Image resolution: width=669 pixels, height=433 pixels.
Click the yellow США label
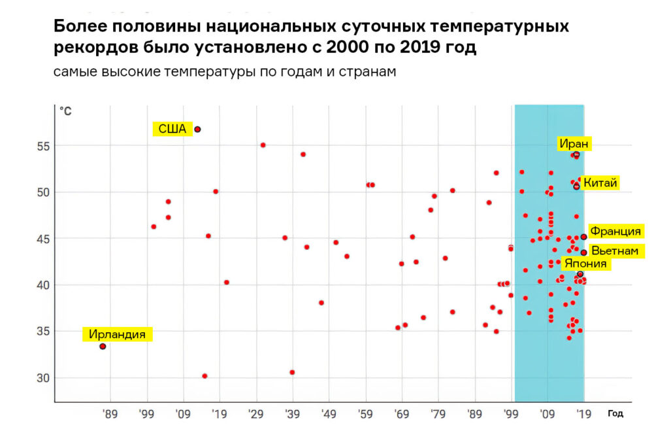click(172, 128)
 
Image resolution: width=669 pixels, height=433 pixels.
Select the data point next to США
click(197, 130)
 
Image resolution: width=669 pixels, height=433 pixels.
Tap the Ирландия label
click(117, 334)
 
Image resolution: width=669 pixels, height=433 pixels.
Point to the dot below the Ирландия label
click(103, 346)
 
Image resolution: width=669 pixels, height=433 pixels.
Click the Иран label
click(574, 144)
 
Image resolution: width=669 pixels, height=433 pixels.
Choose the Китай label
click(600, 182)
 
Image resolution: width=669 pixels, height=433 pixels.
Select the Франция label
click(615, 231)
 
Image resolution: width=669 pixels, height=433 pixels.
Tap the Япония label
click(585, 264)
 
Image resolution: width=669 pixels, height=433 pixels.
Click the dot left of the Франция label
click(583, 237)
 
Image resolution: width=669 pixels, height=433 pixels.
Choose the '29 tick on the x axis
click(256, 413)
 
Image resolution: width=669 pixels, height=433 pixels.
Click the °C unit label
click(65, 111)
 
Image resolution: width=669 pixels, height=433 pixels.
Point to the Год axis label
click(615, 413)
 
